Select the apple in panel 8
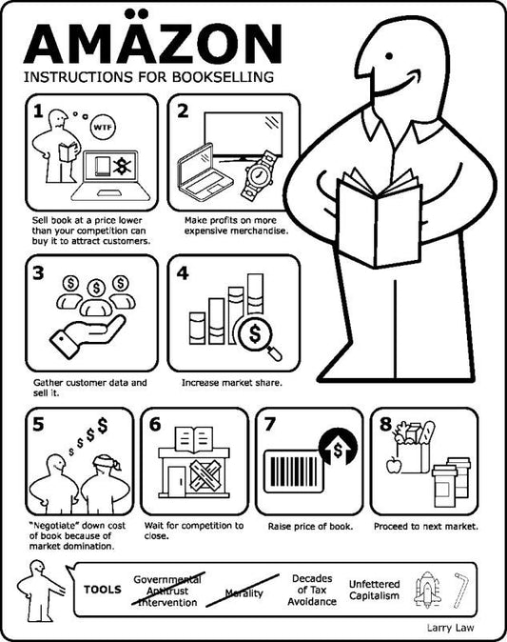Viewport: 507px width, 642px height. [x=392, y=466]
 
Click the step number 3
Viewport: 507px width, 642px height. [x=38, y=274]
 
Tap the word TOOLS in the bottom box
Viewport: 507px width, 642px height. [x=103, y=589]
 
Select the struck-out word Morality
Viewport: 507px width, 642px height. [x=244, y=593]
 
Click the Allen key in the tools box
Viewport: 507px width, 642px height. [x=465, y=589]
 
